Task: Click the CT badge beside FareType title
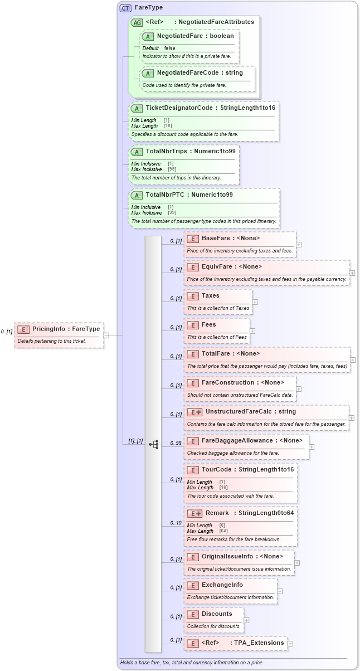pyautogui.click(x=125, y=8)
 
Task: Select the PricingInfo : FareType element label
pyautogui.click(x=66, y=329)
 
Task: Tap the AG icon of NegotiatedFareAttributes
pyautogui.click(x=137, y=22)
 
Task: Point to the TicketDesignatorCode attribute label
pyautogui.click(x=210, y=108)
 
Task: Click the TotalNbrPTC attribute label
pyautogui.click(x=189, y=195)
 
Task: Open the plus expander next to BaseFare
pyautogui.click(x=299, y=244)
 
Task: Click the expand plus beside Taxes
pyautogui.click(x=255, y=302)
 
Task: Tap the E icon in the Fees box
pyautogui.click(x=193, y=324)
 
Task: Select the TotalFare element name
pyautogui.click(x=231, y=353)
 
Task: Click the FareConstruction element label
pyautogui.click(x=242, y=382)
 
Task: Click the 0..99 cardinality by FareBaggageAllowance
pyautogui.click(x=176, y=444)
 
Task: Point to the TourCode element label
pyautogui.click(x=247, y=469)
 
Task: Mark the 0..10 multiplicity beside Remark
pyautogui.click(x=176, y=523)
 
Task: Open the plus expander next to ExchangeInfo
pyautogui.click(x=280, y=591)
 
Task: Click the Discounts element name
pyautogui.click(x=216, y=614)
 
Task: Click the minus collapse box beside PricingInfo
pyautogui.click(x=106, y=335)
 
